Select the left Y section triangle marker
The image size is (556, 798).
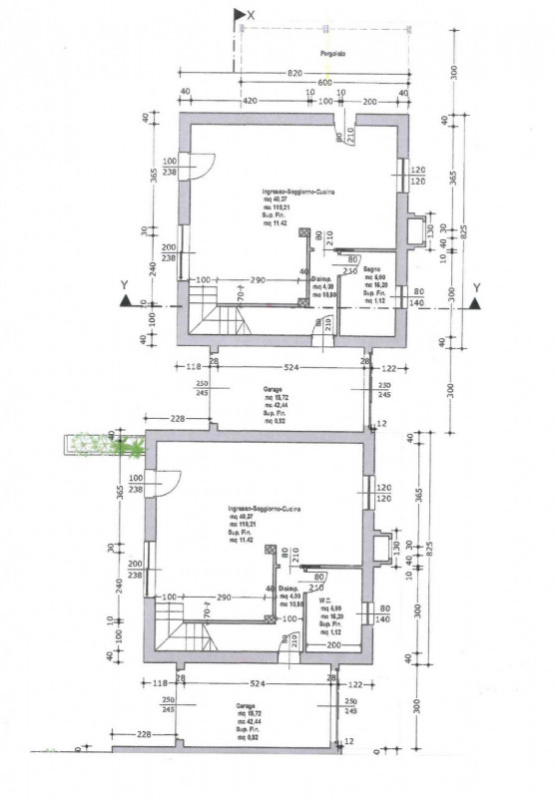click(x=125, y=301)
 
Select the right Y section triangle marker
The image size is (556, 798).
click(x=476, y=301)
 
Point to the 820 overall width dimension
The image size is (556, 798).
click(x=293, y=74)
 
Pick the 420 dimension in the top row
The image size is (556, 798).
click(x=251, y=101)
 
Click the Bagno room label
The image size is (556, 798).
click(x=372, y=270)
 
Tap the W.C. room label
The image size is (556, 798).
click(x=325, y=600)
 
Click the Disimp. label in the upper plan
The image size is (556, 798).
click(x=321, y=279)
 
